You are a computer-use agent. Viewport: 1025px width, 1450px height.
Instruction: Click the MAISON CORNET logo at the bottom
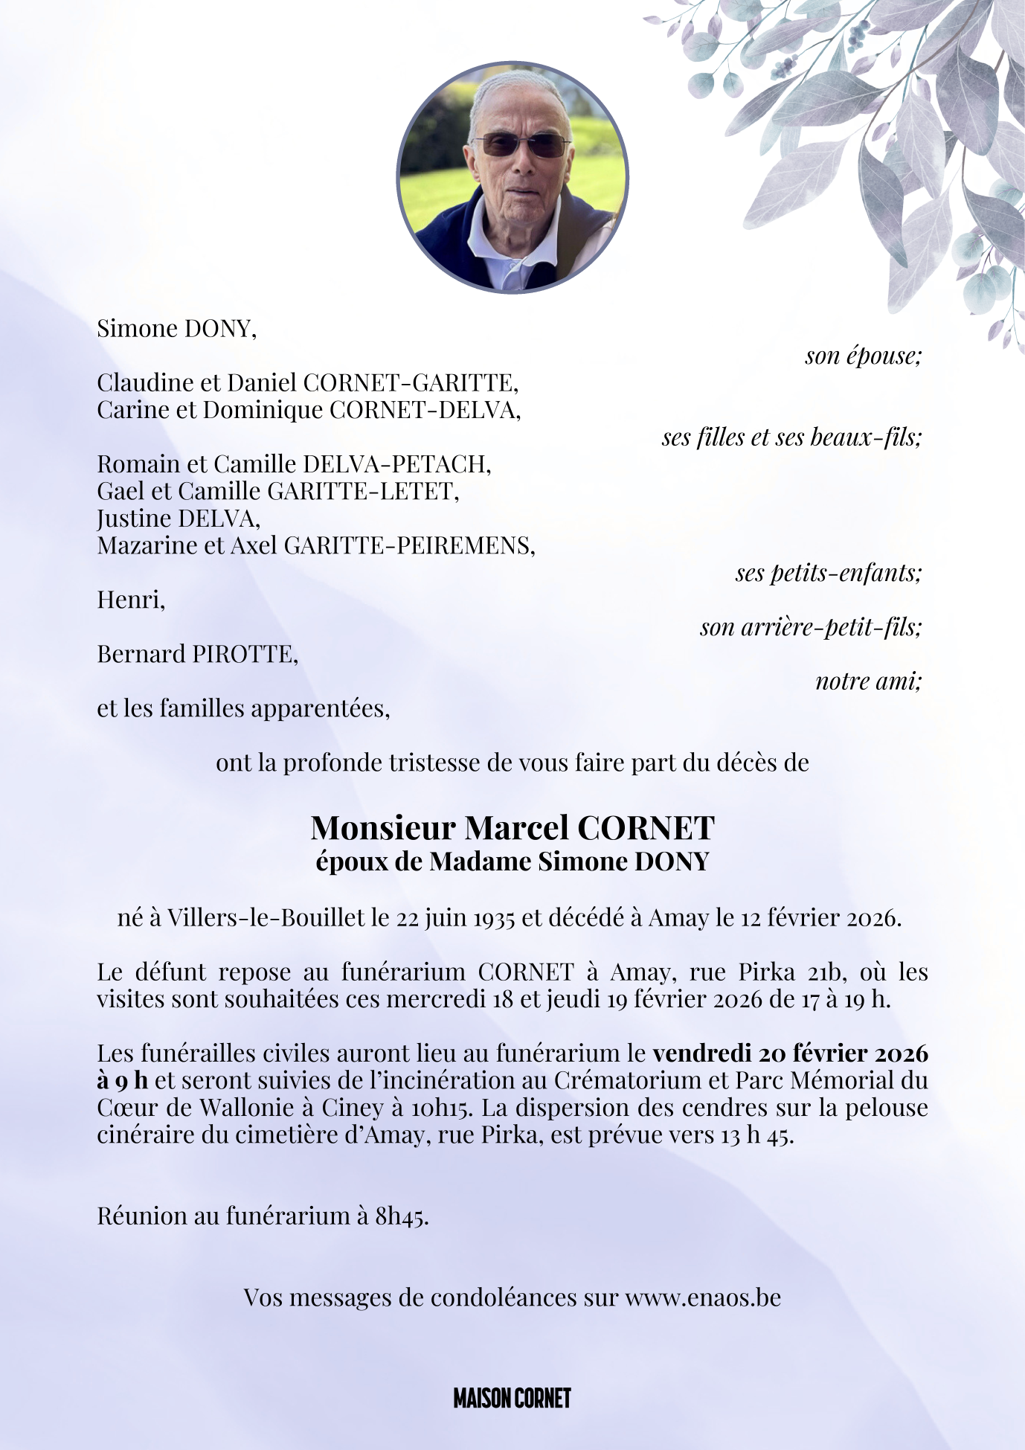pos(512,1399)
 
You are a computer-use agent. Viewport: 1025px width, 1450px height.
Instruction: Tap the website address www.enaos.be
pos(703,1297)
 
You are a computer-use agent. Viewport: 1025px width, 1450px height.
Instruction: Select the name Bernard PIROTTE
pos(197,654)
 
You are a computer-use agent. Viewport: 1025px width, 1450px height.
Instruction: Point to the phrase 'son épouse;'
pos(863,356)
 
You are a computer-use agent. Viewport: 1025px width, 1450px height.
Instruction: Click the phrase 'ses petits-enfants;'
pos(829,573)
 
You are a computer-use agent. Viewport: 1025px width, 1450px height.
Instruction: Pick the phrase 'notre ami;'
pos(868,681)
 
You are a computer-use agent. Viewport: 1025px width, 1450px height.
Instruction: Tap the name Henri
pos(130,600)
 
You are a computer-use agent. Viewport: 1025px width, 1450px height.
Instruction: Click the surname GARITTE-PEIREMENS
pos(409,545)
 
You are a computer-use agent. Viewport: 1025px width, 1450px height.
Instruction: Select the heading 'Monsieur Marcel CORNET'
pos(512,827)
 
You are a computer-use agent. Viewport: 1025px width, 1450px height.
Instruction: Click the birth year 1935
pos(495,918)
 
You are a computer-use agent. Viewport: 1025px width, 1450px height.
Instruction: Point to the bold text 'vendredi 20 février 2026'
pos(790,1053)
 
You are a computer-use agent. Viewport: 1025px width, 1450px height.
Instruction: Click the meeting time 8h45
pos(402,1216)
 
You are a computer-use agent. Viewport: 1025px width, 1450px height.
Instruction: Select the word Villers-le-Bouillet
pos(266,918)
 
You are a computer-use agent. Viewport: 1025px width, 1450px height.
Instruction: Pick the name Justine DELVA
pos(178,518)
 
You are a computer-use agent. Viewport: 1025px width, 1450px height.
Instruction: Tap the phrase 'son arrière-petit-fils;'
pos(811,627)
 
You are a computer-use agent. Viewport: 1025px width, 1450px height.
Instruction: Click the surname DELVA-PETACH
pos(397,464)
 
